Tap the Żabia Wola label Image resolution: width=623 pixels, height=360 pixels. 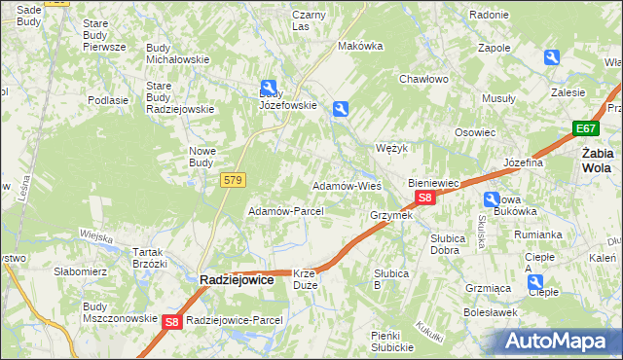pyautogui.click(x=597, y=160)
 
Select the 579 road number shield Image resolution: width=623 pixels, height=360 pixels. pyautogui.click(x=234, y=180)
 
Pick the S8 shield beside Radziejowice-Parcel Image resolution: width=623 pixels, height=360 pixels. pyautogui.click(x=172, y=322)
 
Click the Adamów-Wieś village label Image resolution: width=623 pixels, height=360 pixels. pyautogui.click(x=346, y=185)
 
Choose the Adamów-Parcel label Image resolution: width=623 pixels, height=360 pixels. pyautogui.click(x=285, y=211)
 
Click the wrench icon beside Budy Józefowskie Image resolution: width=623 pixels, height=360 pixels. pyautogui.click(x=269, y=88)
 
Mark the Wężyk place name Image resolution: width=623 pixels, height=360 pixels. pyautogui.click(x=390, y=149)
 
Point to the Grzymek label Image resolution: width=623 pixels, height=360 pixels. pyautogui.click(x=391, y=215)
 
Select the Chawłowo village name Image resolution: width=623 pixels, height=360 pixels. pyautogui.click(x=422, y=80)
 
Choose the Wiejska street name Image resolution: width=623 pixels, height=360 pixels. pyautogui.click(x=97, y=235)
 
